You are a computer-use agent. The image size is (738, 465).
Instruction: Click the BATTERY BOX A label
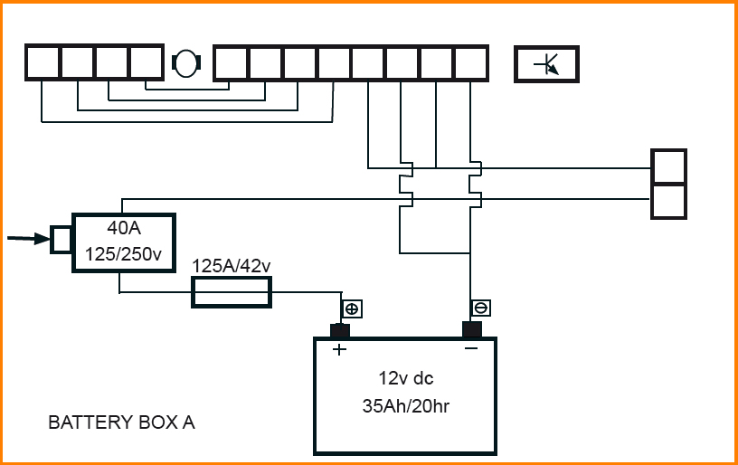pyautogui.click(x=121, y=422)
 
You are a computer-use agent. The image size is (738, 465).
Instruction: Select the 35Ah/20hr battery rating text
pyautogui.click(x=404, y=406)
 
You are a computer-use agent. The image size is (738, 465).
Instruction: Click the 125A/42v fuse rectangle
pyautogui.click(x=232, y=292)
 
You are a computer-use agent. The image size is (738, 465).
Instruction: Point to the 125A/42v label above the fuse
pyautogui.click(x=232, y=266)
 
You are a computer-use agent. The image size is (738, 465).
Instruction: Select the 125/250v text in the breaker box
pyautogui.click(x=123, y=254)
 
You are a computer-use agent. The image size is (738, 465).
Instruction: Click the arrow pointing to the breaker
pyautogui.click(x=27, y=239)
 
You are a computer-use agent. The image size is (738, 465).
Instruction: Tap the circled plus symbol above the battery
pyautogui.click(x=352, y=308)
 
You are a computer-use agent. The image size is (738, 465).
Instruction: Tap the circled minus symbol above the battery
pyautogui.click(x=481, y=308)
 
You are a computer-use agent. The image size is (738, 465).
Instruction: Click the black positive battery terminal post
pyautogui.click(x=340, y=329)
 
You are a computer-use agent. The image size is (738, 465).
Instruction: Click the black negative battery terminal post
pyautogui.click(x=471, y=328)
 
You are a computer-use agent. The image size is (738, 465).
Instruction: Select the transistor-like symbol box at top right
pyautogui.click(x=546, y=64)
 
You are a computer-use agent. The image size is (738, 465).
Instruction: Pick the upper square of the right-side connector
pyautogui.click(x=669, y=166)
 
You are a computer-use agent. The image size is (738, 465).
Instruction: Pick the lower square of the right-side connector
pyautogui.click(x=669, y=201)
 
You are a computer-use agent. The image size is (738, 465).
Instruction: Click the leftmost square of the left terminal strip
pyautogui.click(x=43, y=62)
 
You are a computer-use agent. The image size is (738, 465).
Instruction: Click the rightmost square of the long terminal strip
pyautogui.click(x=471, y=62)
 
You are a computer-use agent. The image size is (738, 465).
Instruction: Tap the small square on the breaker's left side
pyautogui.click(x=61, y=239)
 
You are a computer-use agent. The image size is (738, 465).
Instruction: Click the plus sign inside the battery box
pyautogui.click(x=339, y=350)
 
